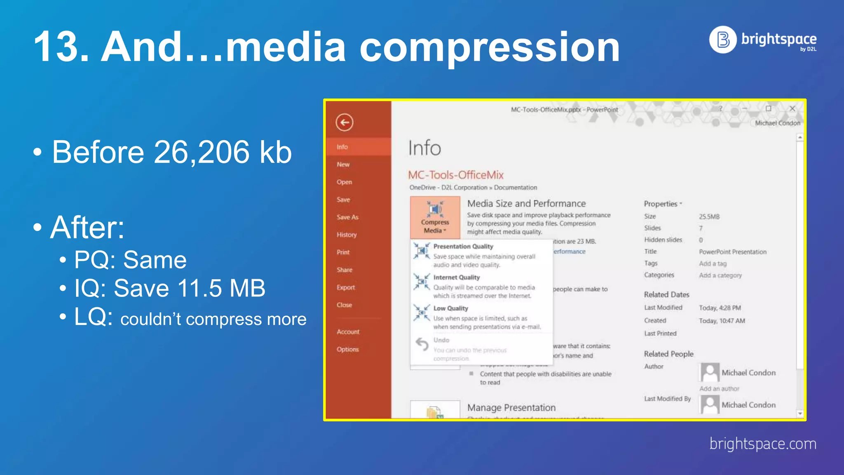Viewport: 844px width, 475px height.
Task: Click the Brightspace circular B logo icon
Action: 723,40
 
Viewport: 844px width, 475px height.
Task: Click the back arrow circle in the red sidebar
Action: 345,122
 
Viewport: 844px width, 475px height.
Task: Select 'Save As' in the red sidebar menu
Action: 347,217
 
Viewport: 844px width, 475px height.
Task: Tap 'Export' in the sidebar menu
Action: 345,287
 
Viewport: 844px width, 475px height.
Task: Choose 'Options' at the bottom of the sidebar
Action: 347,349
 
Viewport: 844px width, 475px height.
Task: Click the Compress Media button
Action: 435,218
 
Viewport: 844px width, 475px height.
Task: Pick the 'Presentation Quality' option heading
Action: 463,246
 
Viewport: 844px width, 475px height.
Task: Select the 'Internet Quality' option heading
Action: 456,277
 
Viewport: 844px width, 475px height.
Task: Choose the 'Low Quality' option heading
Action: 450,308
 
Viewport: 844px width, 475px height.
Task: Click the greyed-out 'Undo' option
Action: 441,340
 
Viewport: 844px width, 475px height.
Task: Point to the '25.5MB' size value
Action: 709,216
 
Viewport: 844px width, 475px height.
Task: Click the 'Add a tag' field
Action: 713,263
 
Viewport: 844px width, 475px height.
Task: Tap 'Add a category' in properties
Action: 720,275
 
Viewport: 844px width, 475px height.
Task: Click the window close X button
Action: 792,108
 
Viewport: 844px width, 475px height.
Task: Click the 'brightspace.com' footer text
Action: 762,444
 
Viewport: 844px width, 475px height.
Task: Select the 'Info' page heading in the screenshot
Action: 424,148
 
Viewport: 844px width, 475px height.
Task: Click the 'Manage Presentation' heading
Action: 511,407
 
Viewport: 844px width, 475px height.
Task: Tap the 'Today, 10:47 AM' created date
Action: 722,321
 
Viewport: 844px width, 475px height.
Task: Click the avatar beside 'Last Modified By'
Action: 710,404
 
